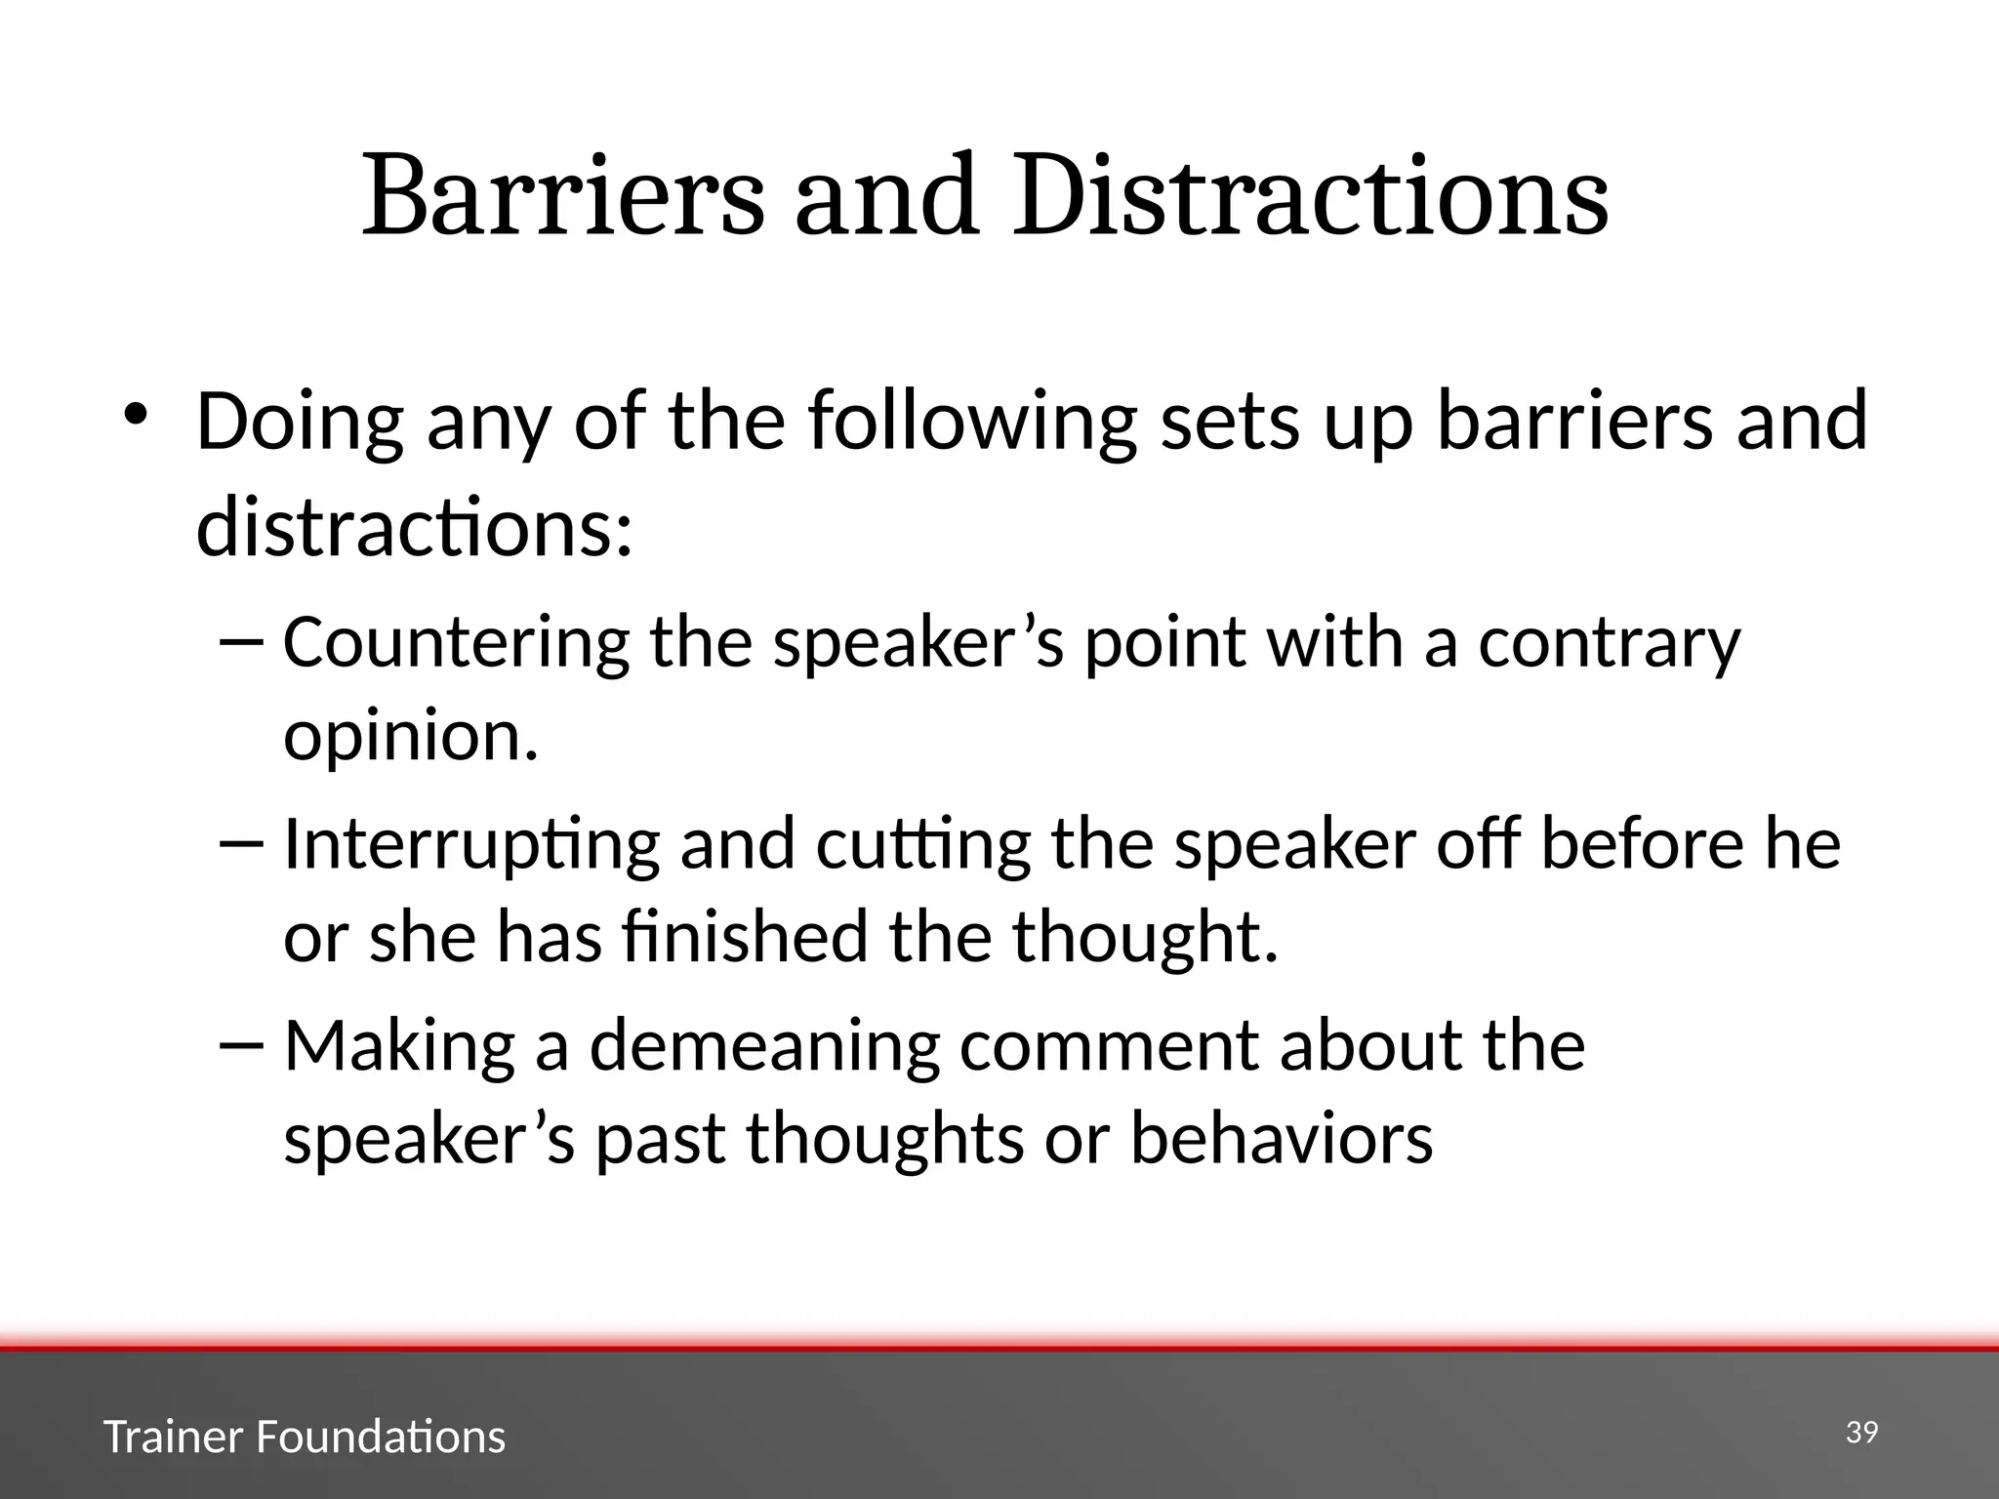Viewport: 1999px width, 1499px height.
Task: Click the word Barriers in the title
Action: point(563,198)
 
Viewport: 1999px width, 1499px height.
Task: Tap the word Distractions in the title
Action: point(1310,198)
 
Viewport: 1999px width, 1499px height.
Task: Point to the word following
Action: point(973,422)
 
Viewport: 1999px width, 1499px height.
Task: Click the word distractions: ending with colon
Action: point(415,527)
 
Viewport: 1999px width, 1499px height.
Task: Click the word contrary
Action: point(1610,644)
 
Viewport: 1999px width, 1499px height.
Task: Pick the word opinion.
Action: point(411,737)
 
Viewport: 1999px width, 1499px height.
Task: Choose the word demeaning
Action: point(764,1046)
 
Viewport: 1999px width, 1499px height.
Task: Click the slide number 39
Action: point(1861,1433)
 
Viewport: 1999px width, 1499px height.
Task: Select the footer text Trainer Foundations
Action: point(305,1438)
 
